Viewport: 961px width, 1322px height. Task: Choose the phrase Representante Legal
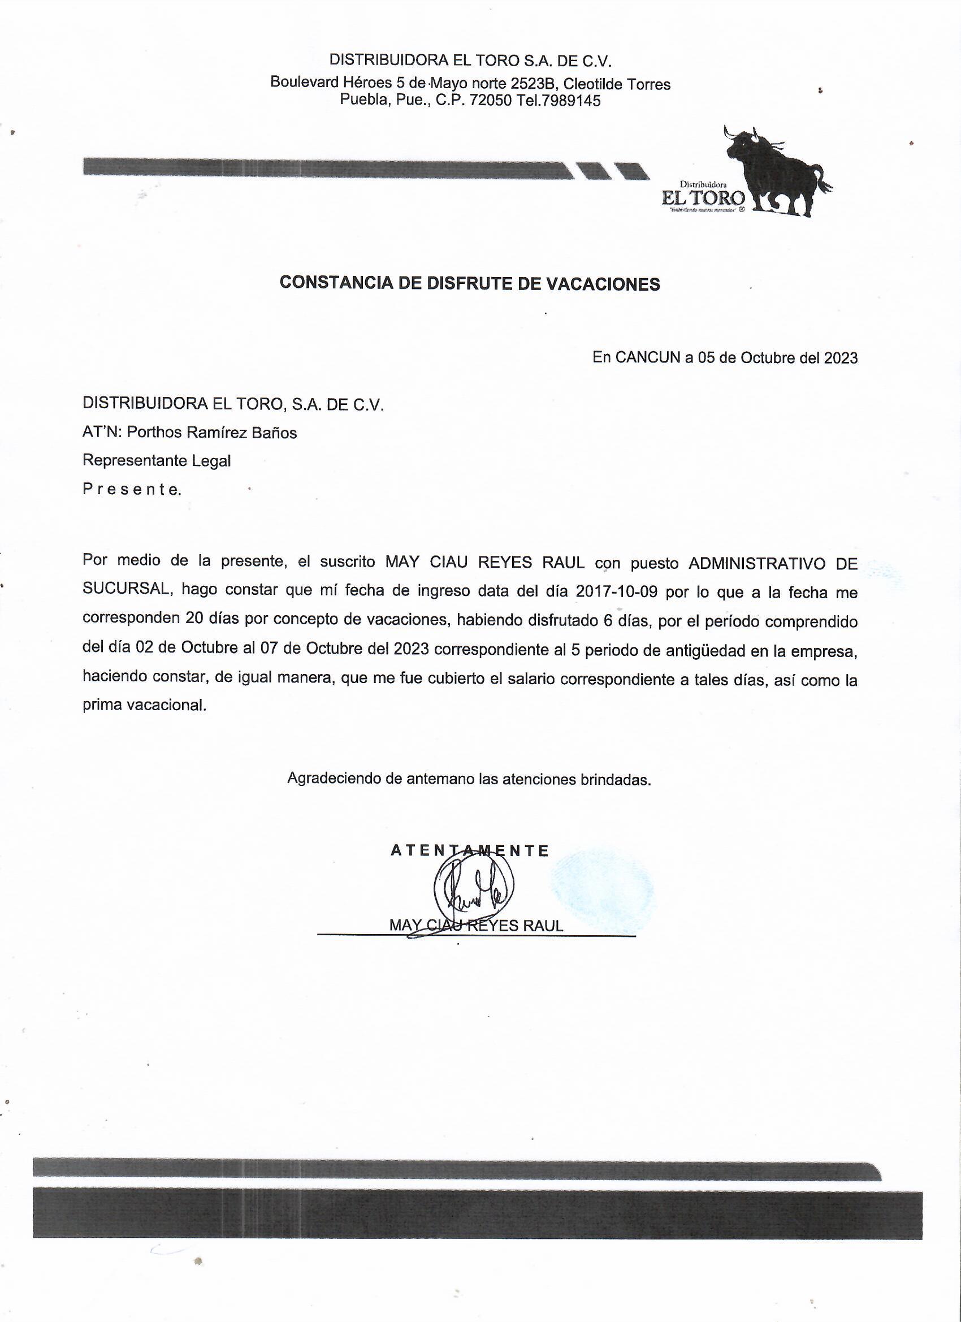click(x=156, y=460)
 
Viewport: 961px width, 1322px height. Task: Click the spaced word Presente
click(x=132, y=489)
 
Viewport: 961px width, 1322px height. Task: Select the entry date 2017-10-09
click(x=617, y=591)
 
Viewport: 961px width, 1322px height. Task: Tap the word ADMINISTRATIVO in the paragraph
click(x=756, y=563)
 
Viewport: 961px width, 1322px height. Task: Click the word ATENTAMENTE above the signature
click(x=470, y=851)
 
